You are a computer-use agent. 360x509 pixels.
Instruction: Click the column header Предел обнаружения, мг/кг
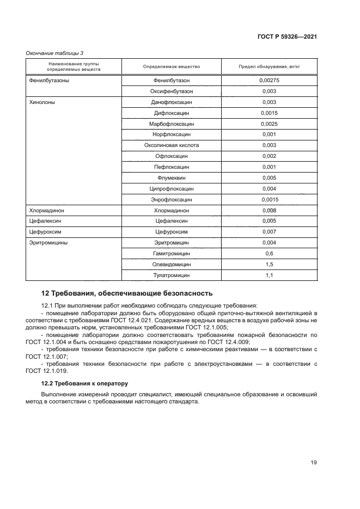click(270, 66)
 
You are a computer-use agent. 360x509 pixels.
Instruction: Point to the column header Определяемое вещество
click(172, 66)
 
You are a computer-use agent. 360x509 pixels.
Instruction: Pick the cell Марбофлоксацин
click(172, 124)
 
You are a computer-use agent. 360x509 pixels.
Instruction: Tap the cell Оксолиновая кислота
click(172, 145)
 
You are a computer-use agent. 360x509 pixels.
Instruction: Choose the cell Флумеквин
click(172, 177)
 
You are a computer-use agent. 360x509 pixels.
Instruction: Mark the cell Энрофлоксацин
click(172, 199)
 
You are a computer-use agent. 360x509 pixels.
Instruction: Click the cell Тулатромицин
click(172, 275)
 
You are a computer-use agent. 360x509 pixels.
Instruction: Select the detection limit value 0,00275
click(270, 81)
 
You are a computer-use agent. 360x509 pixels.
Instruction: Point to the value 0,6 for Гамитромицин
click(269, 254)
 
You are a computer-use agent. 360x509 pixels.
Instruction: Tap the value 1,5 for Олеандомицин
click(269, 265)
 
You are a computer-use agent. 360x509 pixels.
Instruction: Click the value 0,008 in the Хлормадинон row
click(270, 210)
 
